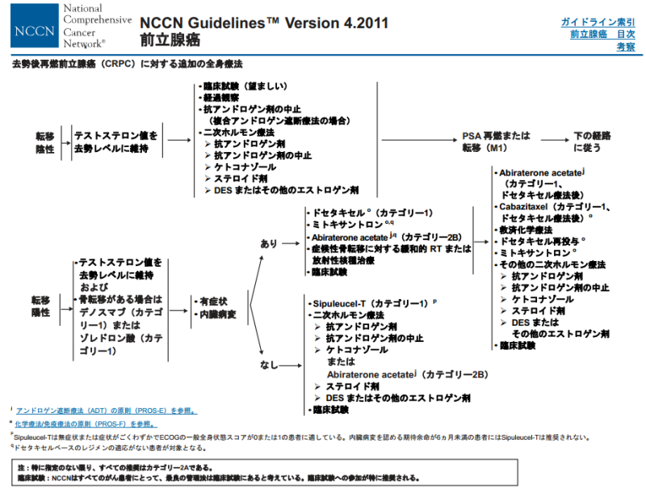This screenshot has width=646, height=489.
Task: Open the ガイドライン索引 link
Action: pos(597,22)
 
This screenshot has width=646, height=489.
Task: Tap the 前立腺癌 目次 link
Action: pos(602,35)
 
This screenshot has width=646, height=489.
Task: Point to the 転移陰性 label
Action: pos(44,142)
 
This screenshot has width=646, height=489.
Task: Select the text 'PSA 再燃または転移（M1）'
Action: pos(494,141)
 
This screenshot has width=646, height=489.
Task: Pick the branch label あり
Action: pos(268,242)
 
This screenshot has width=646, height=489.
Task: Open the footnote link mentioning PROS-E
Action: pos(106,410)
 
